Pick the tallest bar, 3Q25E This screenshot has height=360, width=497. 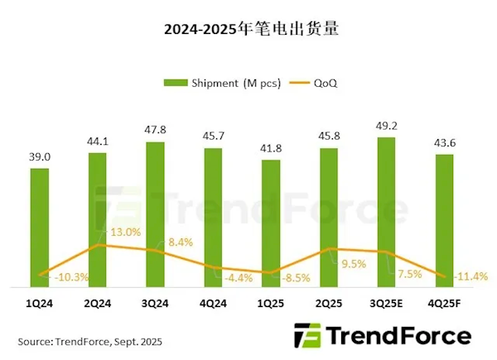pyautogui.click(x=387, y=211)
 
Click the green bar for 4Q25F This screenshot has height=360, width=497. pyautogui.click(x=444, y=220)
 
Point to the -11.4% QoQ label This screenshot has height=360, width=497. pyautogui.click(x=470, y=275)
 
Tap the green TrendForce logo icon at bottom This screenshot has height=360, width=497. pyautogui.click(x=308, y=337)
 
